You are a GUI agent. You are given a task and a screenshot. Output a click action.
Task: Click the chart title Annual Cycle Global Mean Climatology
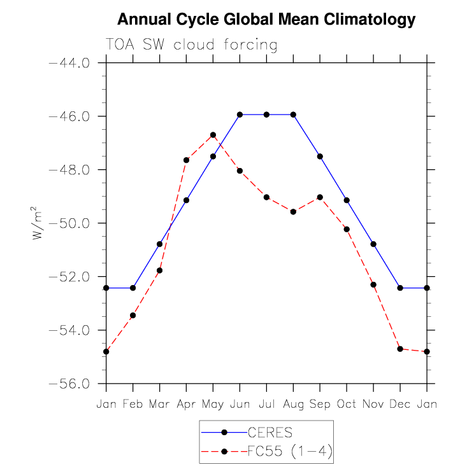pyautogui.click(x=266, y=20)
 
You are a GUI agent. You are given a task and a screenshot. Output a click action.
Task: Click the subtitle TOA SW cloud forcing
pyautogui.click(x=191, y=45)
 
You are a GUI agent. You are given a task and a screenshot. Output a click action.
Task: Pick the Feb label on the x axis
pyautogui.click(x=133, y=403)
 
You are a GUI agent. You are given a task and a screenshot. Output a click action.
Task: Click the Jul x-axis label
pyautogui.click(x=266, y=403)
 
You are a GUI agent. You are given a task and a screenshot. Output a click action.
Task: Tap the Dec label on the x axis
pyautogui.click(x=400, y=403)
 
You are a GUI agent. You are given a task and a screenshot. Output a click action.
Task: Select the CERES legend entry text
pyautogui.click(x=269, y=433)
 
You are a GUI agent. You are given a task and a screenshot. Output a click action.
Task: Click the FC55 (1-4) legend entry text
pyautogui.click(x=290, y=452)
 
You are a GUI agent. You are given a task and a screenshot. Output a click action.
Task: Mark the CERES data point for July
pyautogui.click(x=266, y=115)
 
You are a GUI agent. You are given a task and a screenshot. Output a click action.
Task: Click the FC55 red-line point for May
pyautogui.click(x=213, y=135)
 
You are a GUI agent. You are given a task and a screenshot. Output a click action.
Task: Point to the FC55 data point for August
pyautogui.click(x=293, y=211)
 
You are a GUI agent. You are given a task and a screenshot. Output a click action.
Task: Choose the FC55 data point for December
pyautogui.click(x=400, y=349)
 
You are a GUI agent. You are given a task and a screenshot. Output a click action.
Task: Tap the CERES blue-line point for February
pyautogui.click(x=133, y=288)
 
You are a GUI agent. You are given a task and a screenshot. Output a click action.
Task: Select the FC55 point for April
pyautogui.click(x=186, y=160)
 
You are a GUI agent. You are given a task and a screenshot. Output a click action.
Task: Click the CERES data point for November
pyautogui.click(x=373, y=244)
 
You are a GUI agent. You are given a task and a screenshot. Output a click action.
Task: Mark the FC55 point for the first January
pyautogui.click(x=106, y=351)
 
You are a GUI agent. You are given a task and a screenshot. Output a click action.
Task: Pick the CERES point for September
pyautogui.click(x=320, y=156)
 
